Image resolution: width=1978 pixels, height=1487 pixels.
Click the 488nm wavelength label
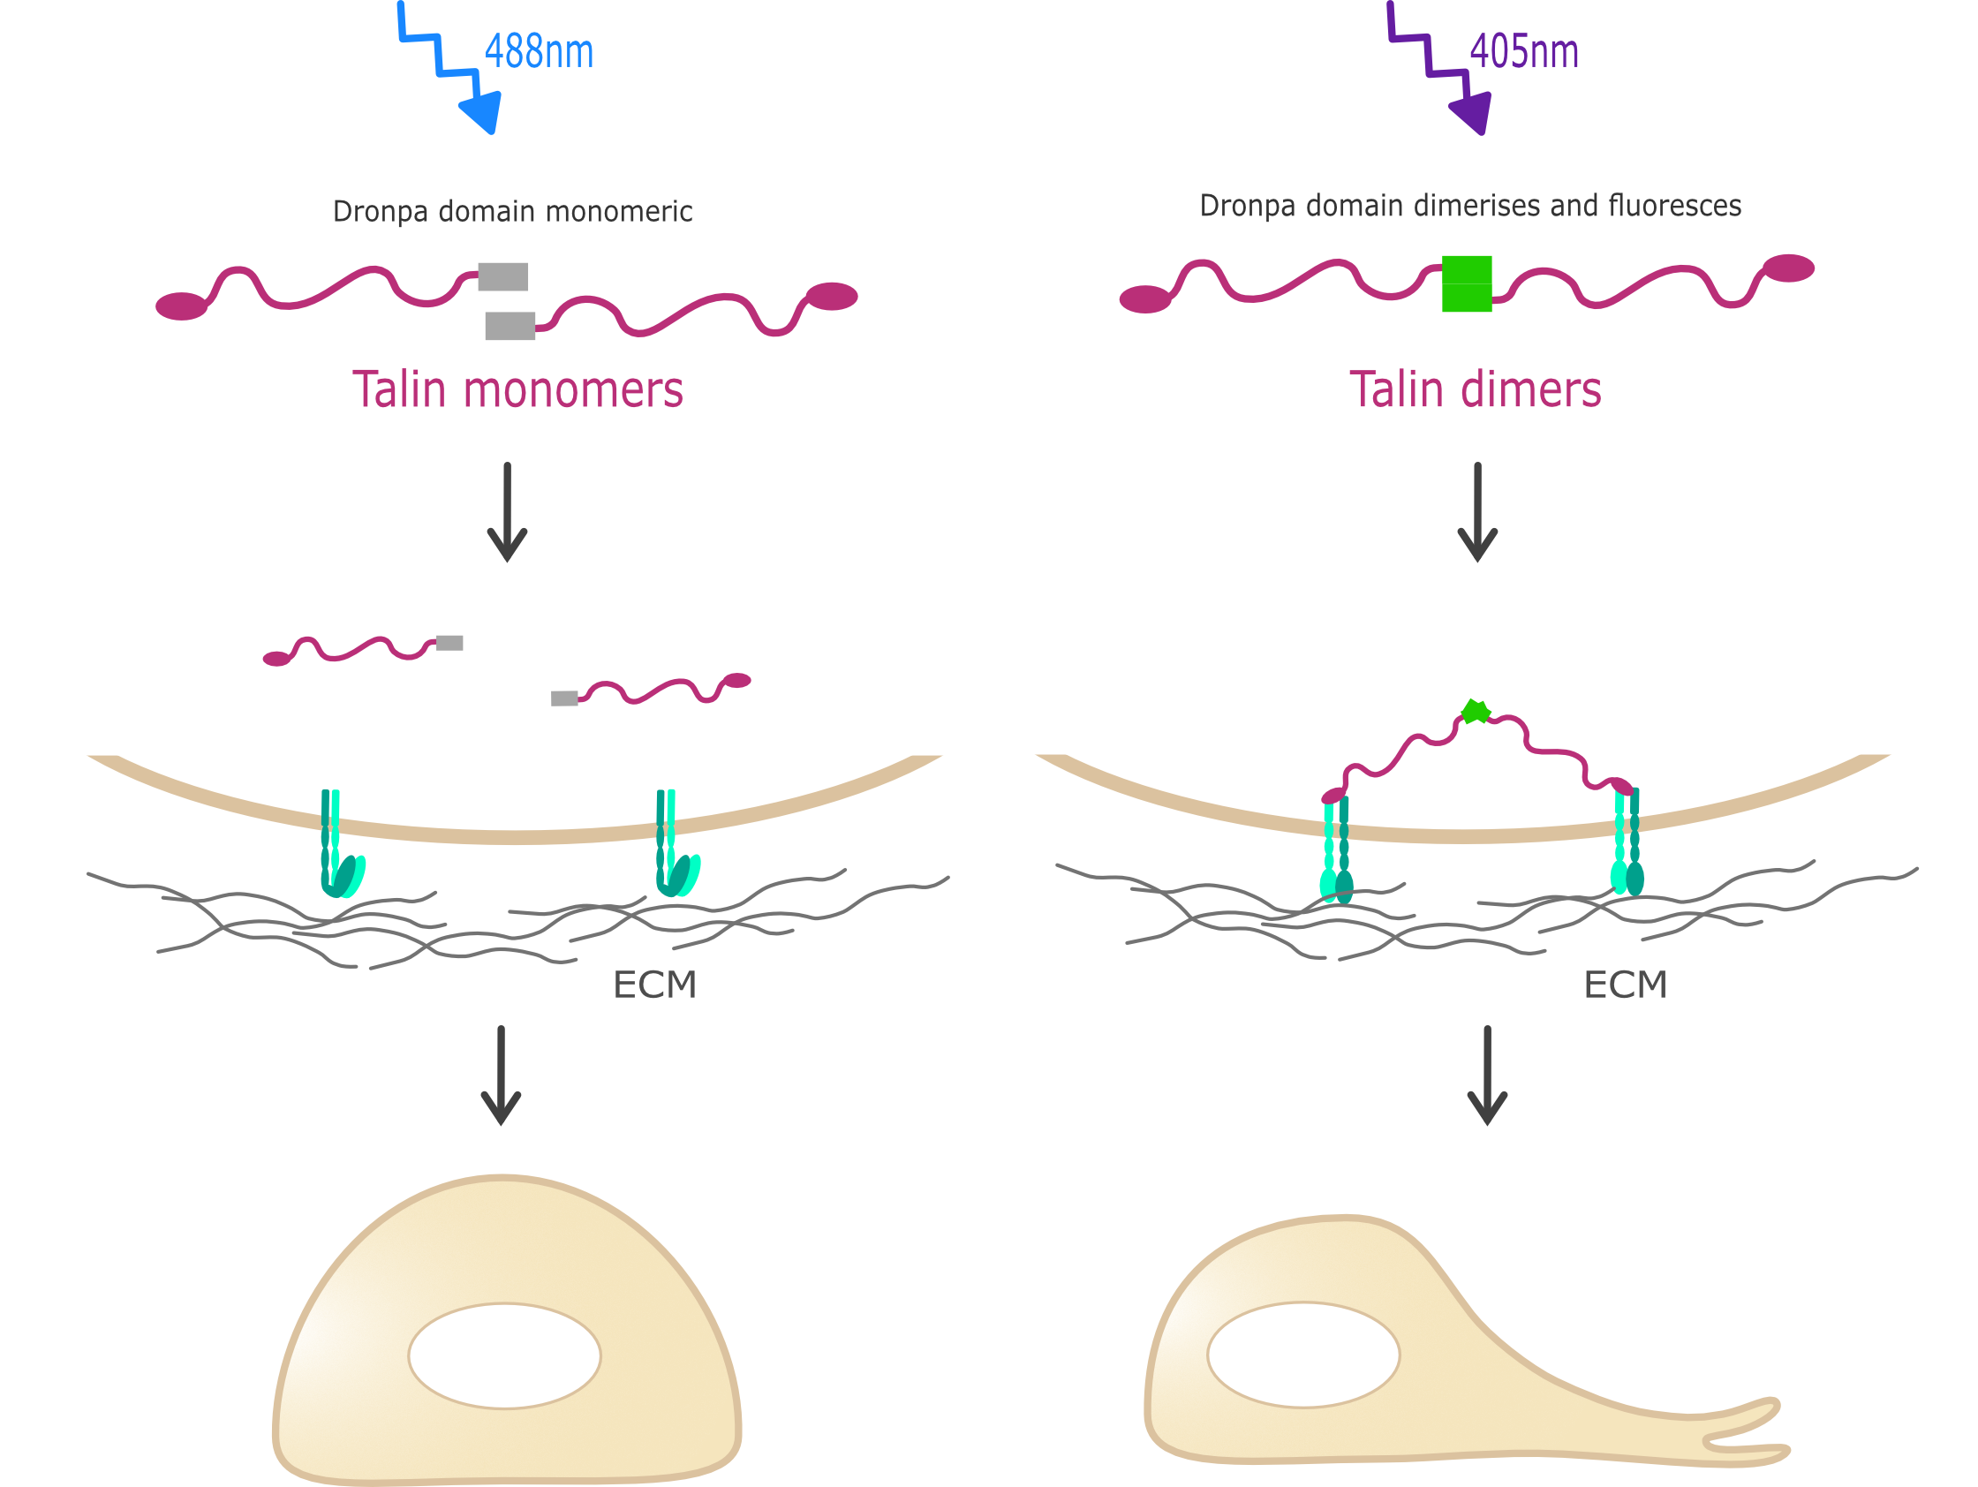click(x=539, y=52)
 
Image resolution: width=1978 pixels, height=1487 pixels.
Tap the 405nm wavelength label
click(x=1524, y=52)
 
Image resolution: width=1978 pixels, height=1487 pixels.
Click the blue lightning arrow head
click(x=481, y=111)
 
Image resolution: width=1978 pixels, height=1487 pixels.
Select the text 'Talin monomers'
click(x=517, y=390)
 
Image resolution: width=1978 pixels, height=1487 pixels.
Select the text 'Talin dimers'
click(x=1475, y=390)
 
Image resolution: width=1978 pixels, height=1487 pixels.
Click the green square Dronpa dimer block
click(x=1467, y=283)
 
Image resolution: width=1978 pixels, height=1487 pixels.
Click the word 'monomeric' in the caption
click(x=619, y=212)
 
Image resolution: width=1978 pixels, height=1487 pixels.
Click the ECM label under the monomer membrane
click(x=654, y=985)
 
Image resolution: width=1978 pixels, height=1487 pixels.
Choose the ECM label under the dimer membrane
click(x=1625, y=985)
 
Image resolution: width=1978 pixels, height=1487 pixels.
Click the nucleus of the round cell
click(x=504, y=1356)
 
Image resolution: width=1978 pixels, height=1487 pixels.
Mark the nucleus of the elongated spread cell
click(x=1302, y=1355)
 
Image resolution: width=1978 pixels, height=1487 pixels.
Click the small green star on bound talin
click(x=1475, y=712)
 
